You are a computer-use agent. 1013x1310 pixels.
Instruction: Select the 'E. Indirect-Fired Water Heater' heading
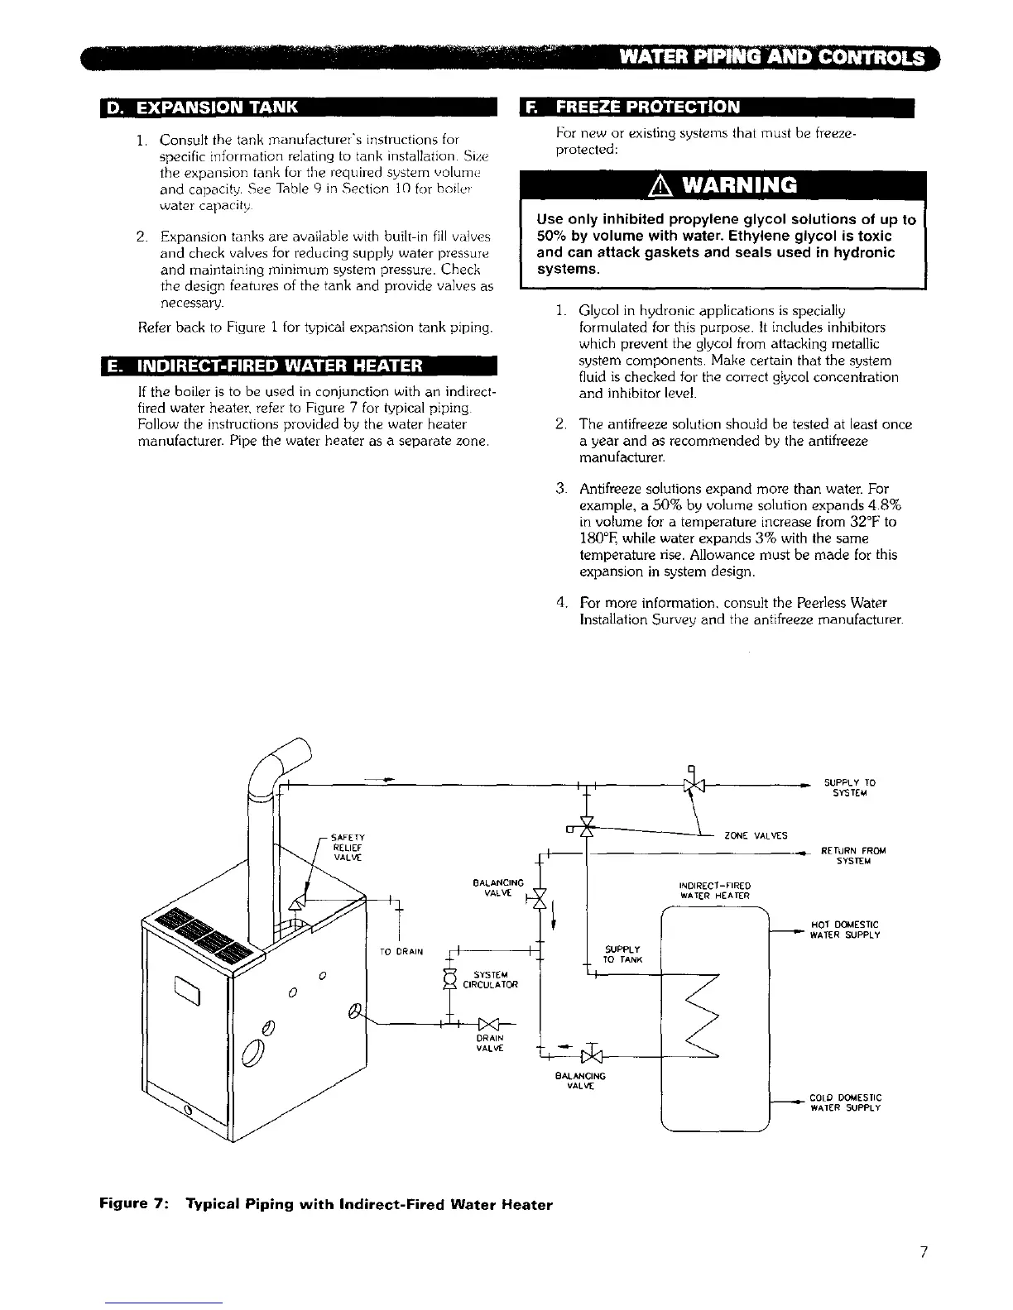point(273,366)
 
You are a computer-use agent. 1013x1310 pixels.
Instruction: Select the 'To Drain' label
point(402,951)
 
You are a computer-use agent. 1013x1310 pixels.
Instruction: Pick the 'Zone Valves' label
point(756,834)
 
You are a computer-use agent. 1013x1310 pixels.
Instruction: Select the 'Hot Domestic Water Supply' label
point(843,930)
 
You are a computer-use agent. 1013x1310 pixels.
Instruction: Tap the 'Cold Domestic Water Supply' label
point(844,1102)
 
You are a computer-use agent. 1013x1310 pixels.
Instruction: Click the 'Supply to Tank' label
point(619,954)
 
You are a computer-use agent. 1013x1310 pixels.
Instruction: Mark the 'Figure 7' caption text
point(325,1204)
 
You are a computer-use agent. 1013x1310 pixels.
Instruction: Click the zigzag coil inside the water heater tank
point(703,1017)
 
